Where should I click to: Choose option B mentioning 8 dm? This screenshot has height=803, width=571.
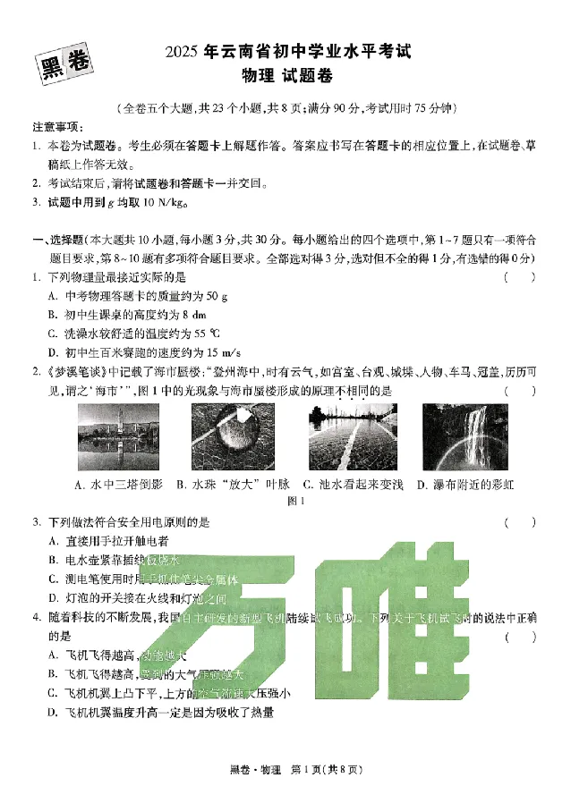point(128,315)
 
